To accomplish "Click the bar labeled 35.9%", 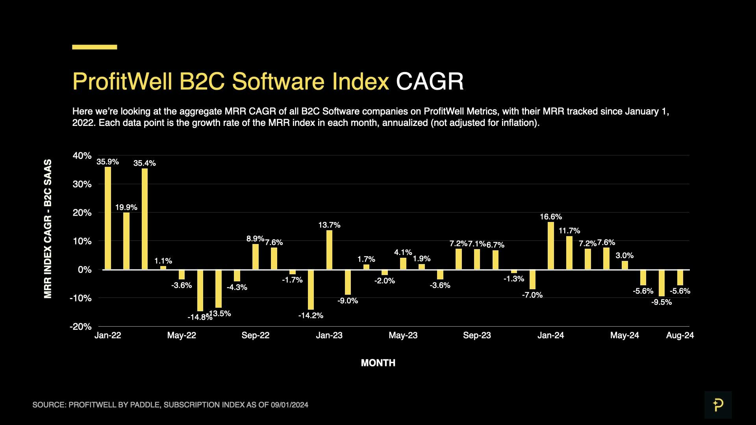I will coord(108,218).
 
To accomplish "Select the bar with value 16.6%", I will coord(550,246).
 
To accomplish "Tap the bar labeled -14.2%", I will coord(311,290).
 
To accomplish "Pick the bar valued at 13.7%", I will coord(329,250).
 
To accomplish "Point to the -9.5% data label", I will coord(661,302).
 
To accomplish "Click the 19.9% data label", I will coord(126,207).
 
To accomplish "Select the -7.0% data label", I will coord(532,295).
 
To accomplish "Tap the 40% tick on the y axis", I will coord(82,156).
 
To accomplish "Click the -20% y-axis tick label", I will coord(80,327).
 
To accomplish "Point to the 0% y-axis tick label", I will coord(84,270).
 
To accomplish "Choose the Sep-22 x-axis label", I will coord(255,335).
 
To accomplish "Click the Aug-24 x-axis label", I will coord(680,335).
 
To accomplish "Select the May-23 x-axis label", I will coord(403,335).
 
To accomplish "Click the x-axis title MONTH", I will coord(378,363).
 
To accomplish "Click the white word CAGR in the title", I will coord(430,81).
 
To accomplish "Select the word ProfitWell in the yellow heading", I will coord(122,81).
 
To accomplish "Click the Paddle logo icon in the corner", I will coord(718,405).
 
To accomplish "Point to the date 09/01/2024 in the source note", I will coord(289,405).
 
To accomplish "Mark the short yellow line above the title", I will coord(94,47).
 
